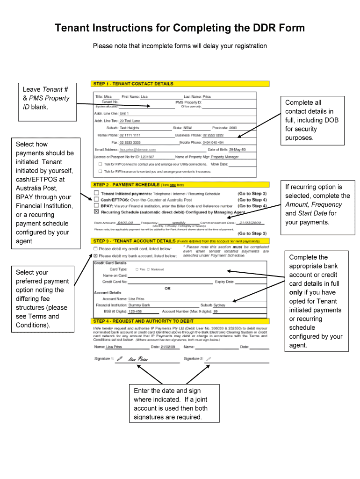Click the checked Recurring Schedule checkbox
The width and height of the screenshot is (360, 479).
click(96, 211)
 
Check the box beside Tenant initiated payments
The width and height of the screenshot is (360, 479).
click(96, 193)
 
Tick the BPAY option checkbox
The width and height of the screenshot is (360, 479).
click(96, 205)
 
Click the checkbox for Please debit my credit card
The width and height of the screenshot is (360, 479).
click(95, 248)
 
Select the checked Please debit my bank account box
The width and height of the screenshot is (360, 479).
click(95, 256)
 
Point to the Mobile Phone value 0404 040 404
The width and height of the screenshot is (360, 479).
click(213, 142)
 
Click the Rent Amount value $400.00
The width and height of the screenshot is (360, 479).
click(125, 223)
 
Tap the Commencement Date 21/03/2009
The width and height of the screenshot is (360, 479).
click(250, 223)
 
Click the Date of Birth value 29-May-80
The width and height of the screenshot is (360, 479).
click(237, 150)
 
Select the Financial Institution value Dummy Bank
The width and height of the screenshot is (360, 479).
click(139, 305)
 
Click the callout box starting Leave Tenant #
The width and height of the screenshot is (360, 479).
click(46, 98)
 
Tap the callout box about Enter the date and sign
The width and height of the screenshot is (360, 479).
click(170, 404)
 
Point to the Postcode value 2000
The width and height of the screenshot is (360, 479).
click(233, 128)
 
